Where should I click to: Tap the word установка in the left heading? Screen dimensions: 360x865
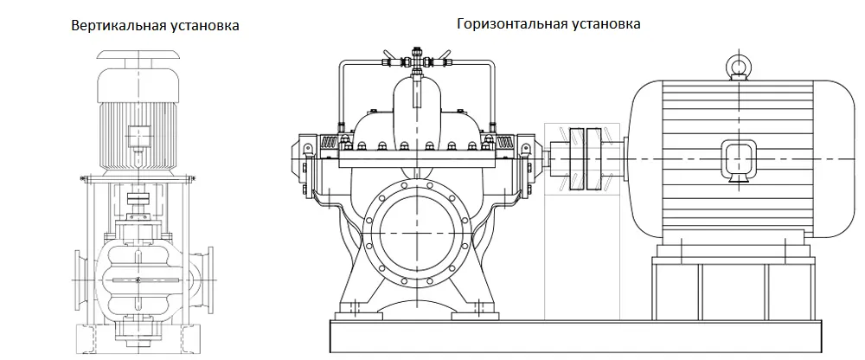[203, 26]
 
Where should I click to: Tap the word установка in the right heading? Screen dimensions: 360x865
[605, 23]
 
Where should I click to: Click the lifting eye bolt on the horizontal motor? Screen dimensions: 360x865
[738, 66]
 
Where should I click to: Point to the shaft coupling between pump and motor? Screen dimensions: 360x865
[582, 161]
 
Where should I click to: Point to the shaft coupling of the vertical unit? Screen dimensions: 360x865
[138, 200]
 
